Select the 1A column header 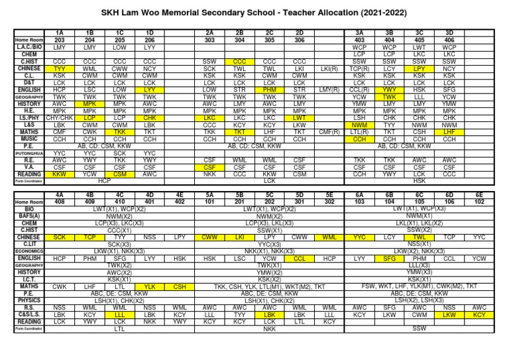tap(60, 32)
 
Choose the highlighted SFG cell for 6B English tap(390, 259)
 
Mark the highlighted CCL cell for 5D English tap(300, 259)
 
